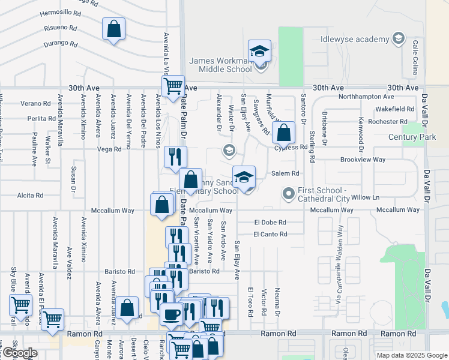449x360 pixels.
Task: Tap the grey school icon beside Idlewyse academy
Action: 397,40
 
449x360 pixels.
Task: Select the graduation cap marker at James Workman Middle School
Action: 260,52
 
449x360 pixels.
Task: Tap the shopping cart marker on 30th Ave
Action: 173,85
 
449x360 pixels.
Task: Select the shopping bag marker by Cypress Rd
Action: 284,133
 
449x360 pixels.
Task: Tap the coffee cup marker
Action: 171,314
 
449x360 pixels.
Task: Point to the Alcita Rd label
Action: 31,196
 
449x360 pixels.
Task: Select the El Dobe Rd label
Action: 270,222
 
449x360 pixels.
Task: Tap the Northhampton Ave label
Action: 366,97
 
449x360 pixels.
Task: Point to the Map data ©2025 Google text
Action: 411,355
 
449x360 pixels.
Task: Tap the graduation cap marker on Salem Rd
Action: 244,178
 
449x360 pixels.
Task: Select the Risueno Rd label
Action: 61,28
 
